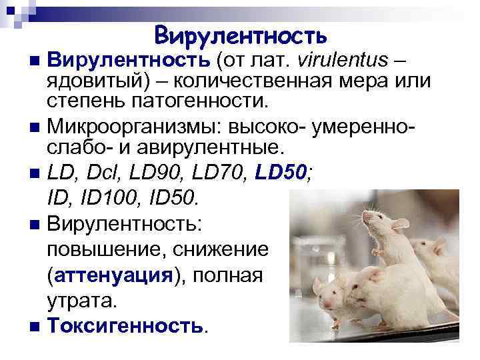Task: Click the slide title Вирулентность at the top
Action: click(240, 35)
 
